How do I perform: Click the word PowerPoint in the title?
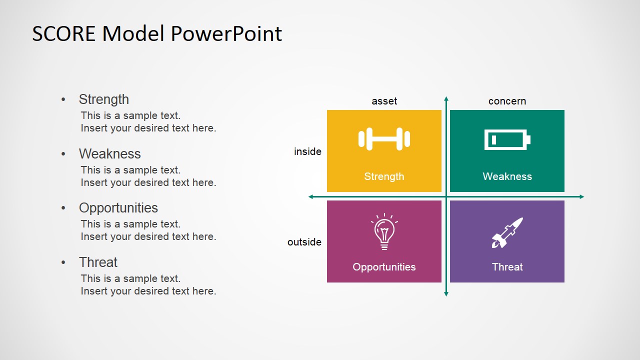click(x=226, y=33)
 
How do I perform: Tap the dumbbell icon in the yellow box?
click(x=384, y=139)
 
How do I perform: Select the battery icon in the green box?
click(x=507, y=139)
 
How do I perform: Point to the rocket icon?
click(x=506, y=232)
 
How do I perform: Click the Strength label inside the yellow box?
click(x=384, y=176)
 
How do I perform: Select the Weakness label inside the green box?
click(x=507, y=176)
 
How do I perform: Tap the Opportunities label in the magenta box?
click(x=384, y=267)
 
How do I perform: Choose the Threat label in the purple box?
click(x=507, y=267)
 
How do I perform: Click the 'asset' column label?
click(x=384, y=101)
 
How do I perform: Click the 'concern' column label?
click(x=507, y=101)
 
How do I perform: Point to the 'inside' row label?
click(x=307, y=151)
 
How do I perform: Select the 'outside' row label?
click(x=304, y=242)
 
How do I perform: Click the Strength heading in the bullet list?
click(x=103, y=99)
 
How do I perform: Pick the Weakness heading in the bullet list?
click(x=109, y=153)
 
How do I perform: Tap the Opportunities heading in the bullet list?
click(x=118, y=208)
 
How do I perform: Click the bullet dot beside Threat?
click(x=63, y=262)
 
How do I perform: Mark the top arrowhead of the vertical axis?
click(x=446, y=99)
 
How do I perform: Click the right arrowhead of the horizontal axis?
click(x=581, y=196)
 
